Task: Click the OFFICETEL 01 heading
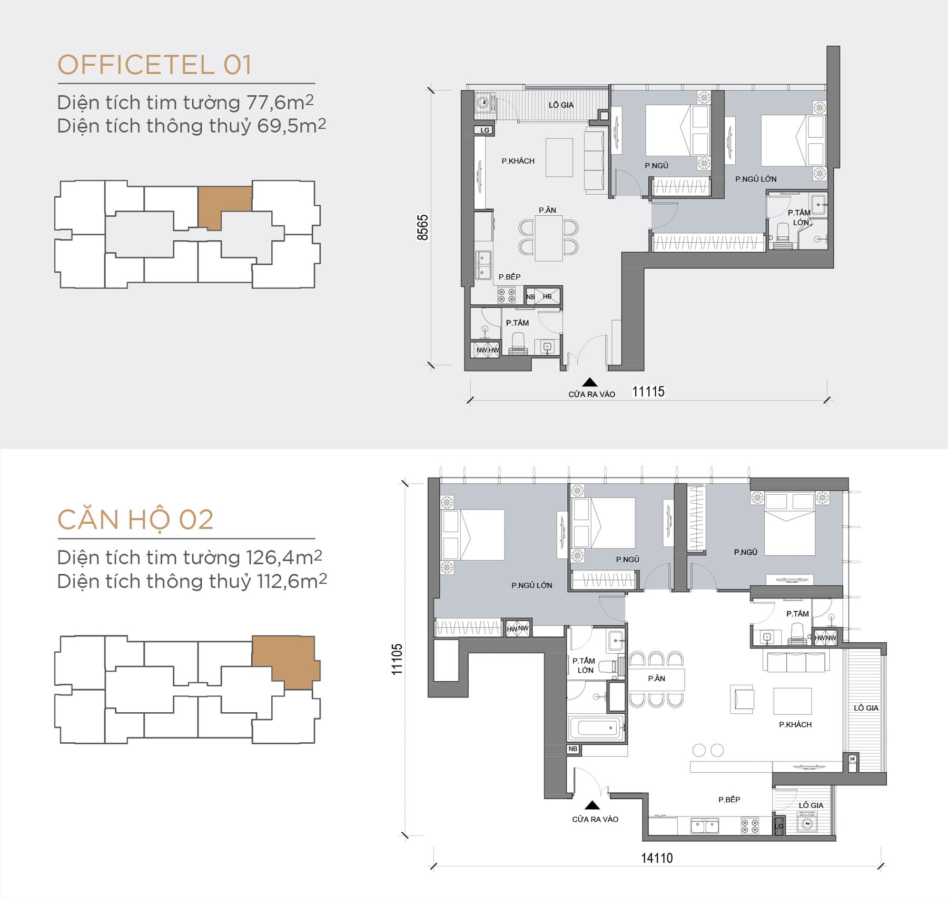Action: [x=154, y=65]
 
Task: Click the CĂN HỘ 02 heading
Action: [x=135, y=520]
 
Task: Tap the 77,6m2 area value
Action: [x=280, y=102]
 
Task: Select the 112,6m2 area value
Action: [x=292, y=581]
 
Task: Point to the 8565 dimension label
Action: [x=422, y=227]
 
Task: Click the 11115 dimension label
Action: [x=648, y=392]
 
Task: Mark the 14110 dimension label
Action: [x=656, y=858]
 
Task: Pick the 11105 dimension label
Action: [x=397, y=659]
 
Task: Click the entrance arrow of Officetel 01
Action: [x=590, y=383]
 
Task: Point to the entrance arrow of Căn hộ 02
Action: [x=592, y=805]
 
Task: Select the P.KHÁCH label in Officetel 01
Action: [x=518, y=161]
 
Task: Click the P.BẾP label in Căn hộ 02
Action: [x=729, y=800]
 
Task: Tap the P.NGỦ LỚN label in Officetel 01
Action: [x=755, y=179]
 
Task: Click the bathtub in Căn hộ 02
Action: [x=596, y=728]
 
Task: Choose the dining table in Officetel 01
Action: [x=548, y=238]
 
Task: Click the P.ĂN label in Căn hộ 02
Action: [x=656, y=679]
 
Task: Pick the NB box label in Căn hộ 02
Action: [x=573, y=749]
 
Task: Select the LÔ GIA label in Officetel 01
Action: [x=561, y=105]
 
